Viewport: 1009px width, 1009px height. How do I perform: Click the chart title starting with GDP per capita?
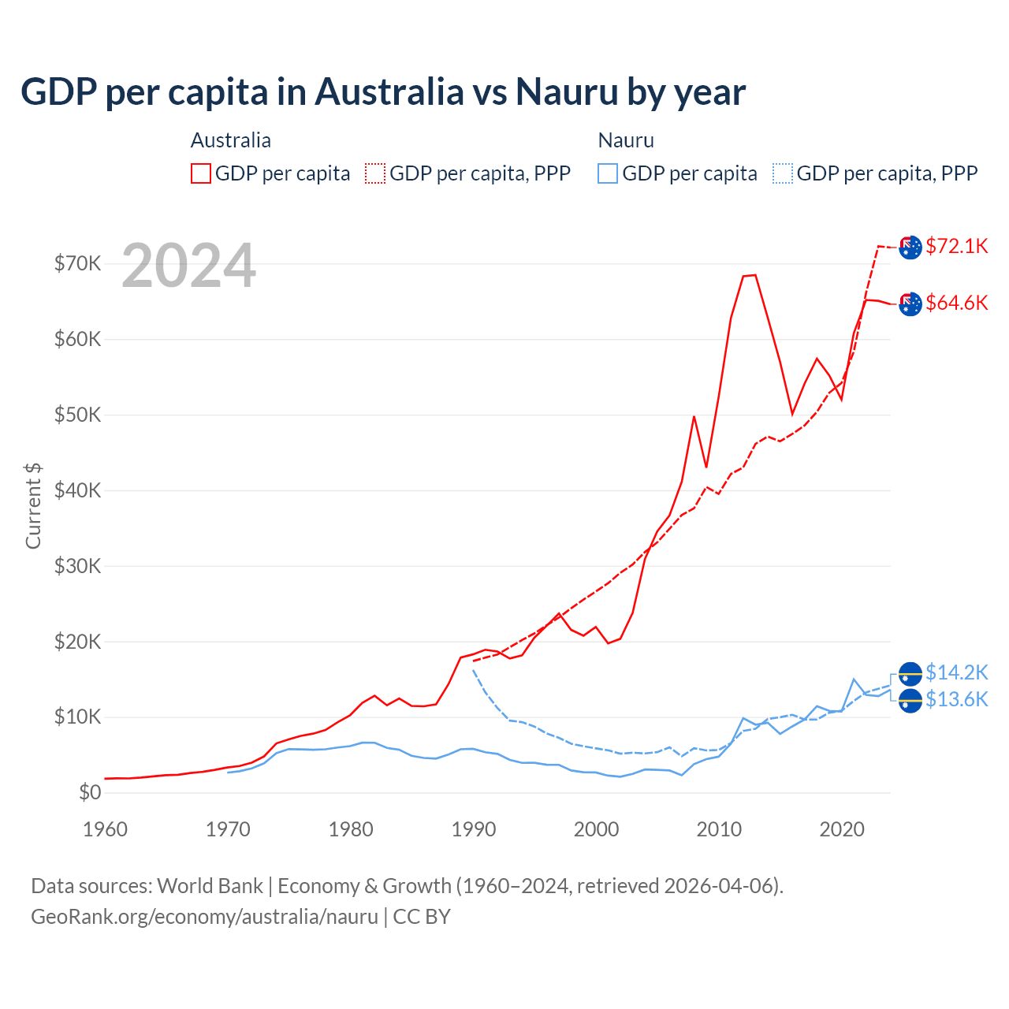(383, 91)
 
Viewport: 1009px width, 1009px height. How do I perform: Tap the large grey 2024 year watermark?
(189, 266)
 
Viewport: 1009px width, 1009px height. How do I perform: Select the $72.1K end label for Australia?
(956, 246)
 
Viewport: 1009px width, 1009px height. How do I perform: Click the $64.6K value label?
(956, 303)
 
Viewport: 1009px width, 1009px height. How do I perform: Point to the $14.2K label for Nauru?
(956, 672)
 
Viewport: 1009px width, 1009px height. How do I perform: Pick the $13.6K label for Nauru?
(956, 699)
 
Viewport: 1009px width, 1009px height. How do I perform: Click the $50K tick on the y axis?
(77, 415)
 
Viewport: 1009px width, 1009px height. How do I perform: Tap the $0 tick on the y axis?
(90, 792)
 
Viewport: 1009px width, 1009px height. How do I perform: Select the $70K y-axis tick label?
(77, 263)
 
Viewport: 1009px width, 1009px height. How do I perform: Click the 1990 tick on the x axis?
(474, 829)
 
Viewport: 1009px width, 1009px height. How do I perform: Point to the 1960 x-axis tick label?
(105, 829)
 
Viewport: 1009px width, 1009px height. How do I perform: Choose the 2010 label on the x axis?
(719, 829)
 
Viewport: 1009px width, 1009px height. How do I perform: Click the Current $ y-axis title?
(33, 506)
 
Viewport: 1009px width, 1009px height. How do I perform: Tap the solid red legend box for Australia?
(201, 173)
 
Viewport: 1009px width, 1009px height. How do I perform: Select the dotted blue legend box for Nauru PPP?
(783, 173)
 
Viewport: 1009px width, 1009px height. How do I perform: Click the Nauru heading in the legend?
(626, 140)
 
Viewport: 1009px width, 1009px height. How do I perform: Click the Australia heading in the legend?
(231, 140)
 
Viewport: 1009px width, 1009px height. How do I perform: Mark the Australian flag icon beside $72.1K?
(910, 247)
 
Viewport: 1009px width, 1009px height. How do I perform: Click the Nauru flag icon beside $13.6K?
(910, 700)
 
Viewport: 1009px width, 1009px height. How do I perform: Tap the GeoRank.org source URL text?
(205, 917)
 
